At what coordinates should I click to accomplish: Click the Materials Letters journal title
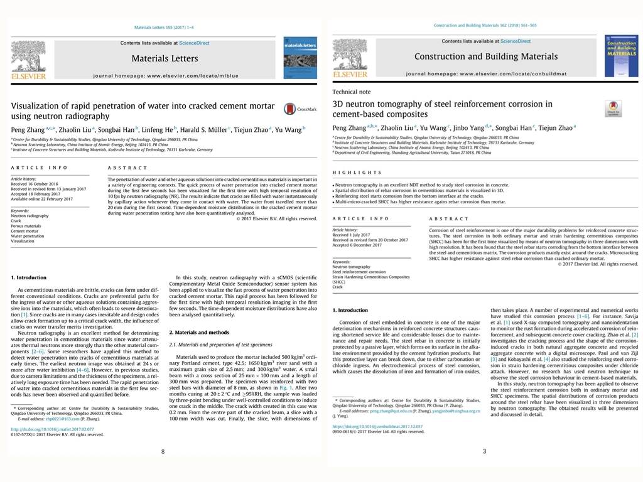tap(165, 58)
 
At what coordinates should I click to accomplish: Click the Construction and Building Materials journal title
tap(485, 56)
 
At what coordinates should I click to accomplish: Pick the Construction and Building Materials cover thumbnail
tap(621, 56)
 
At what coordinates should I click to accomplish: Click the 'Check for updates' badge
tap(613, 109)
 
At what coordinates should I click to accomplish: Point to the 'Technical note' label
tap(351, 92)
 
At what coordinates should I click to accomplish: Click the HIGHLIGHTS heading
tap(357, 172)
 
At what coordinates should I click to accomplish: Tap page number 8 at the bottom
tap(163, 451)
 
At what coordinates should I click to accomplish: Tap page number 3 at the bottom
tap(484, 451)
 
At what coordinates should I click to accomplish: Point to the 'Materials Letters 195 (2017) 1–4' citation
tap(164, 27)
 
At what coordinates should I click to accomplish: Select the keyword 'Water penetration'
tap(28, 236)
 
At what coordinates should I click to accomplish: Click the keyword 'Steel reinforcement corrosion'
tap(359, 272)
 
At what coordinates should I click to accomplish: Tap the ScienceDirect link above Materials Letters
tap(195, 43)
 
